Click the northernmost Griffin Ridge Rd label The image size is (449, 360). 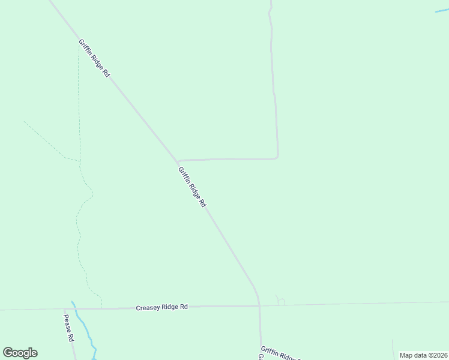pos(94,58)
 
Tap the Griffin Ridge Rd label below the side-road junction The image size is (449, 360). pos(192,187)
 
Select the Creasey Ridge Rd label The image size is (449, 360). pos(162,307)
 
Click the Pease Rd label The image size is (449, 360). pos(68,327)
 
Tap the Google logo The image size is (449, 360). pos(20,353)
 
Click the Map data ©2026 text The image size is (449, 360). pos(423,355)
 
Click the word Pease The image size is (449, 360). pos(67,322)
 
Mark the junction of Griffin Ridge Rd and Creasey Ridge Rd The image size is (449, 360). pos(259,306)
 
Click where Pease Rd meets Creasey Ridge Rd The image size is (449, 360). pos(65,309)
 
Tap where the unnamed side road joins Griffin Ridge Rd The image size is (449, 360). pos(178,161)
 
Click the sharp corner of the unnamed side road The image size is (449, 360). pos(277,157)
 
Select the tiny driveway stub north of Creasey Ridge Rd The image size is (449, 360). pos(280,300)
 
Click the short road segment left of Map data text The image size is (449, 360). pos(393,348)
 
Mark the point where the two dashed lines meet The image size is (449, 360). pos(80,161)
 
